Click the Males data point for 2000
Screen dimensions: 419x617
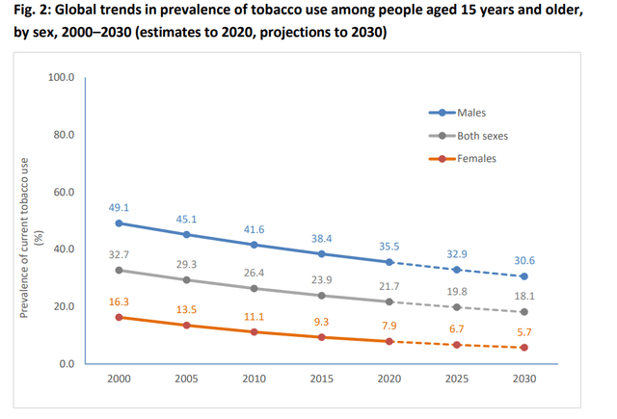(119, 223)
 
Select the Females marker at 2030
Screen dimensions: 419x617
(523, 348)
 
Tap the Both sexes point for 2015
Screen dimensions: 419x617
(321, 296)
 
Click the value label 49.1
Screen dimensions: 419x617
(119, 206)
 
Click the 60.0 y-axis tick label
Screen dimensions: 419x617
(63, 192)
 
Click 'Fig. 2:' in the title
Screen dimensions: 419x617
(28, 12)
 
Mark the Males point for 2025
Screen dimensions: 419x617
(456, 270)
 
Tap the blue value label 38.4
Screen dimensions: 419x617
(321, 237)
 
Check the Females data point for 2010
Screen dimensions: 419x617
(254, 332)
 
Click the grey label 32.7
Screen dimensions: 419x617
(119, 253)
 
